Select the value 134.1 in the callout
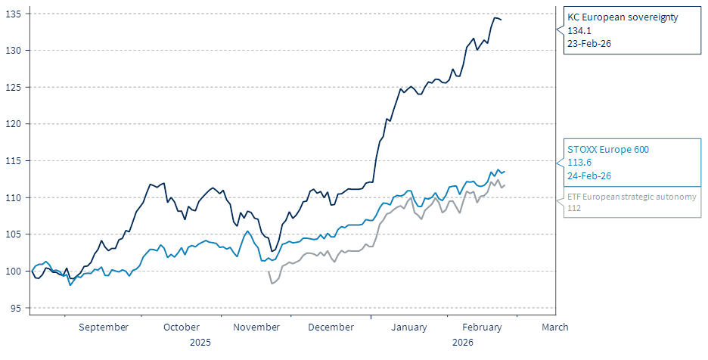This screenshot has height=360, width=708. (x=579, y=30)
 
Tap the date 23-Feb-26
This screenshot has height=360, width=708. (x=589, y=44)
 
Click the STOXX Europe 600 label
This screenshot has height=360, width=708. (x=608, y=149)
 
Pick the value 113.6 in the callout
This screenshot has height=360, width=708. (x=579, y=162)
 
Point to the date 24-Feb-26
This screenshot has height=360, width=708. (x=589, y=175)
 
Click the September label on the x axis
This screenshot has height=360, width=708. (x=104, y=327)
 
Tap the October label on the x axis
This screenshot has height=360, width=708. (x=182, y=327)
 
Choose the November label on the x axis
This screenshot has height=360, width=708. (x=256, y=327)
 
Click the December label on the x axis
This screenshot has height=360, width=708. (x=331, y=327)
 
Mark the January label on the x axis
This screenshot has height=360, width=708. (x=410, y=327)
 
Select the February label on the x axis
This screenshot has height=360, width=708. (x=482, y=327)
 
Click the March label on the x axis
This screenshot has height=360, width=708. (x=555, y=327)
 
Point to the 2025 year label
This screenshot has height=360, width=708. (x=200, y=342)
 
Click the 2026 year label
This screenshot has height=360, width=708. (x=463, y=342)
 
